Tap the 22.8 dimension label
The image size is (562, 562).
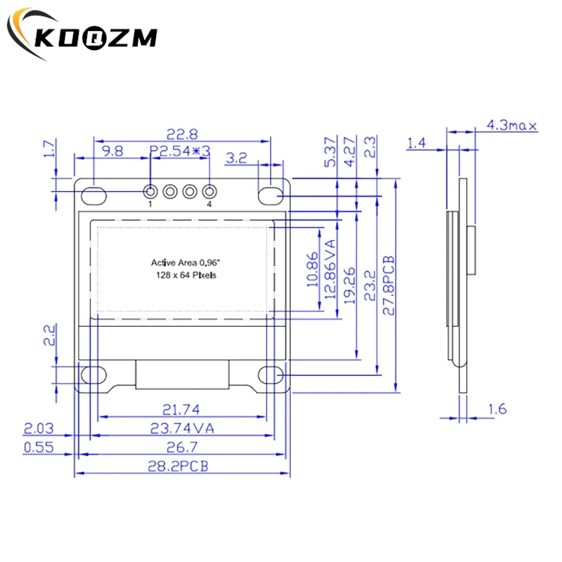coord(181,133)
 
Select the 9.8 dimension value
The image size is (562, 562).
coord(112,150)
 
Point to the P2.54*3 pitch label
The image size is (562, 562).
coord(181,150)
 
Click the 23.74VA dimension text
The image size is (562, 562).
coord(181,428)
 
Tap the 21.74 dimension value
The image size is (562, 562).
coord(181,409)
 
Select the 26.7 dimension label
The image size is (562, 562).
coord(181,447)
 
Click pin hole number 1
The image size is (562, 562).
coord(150,191)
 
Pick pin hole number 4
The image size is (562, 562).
coord(209,191)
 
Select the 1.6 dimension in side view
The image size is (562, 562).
coord(496,409)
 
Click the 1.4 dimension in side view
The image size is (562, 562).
coord(417,143)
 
